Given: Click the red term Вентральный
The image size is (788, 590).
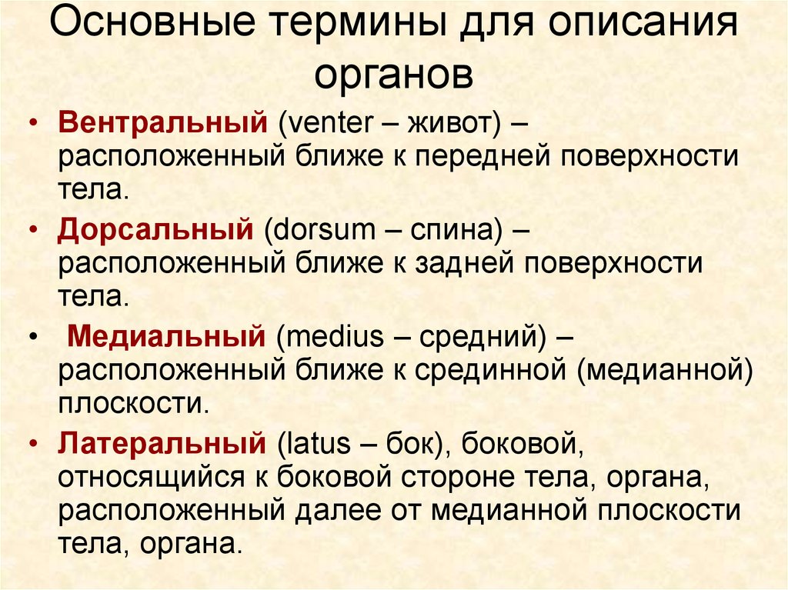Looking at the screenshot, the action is click(163, 122).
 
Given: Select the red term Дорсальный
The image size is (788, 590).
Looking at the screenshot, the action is click(155, 230).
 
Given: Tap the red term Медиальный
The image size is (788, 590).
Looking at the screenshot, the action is click(166, 336).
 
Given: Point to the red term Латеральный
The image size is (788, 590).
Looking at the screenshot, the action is click(162, 443).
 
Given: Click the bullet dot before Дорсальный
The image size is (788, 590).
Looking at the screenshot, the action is click(34, 229).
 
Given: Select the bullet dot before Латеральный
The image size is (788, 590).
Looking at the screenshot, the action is click(34, 443).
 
